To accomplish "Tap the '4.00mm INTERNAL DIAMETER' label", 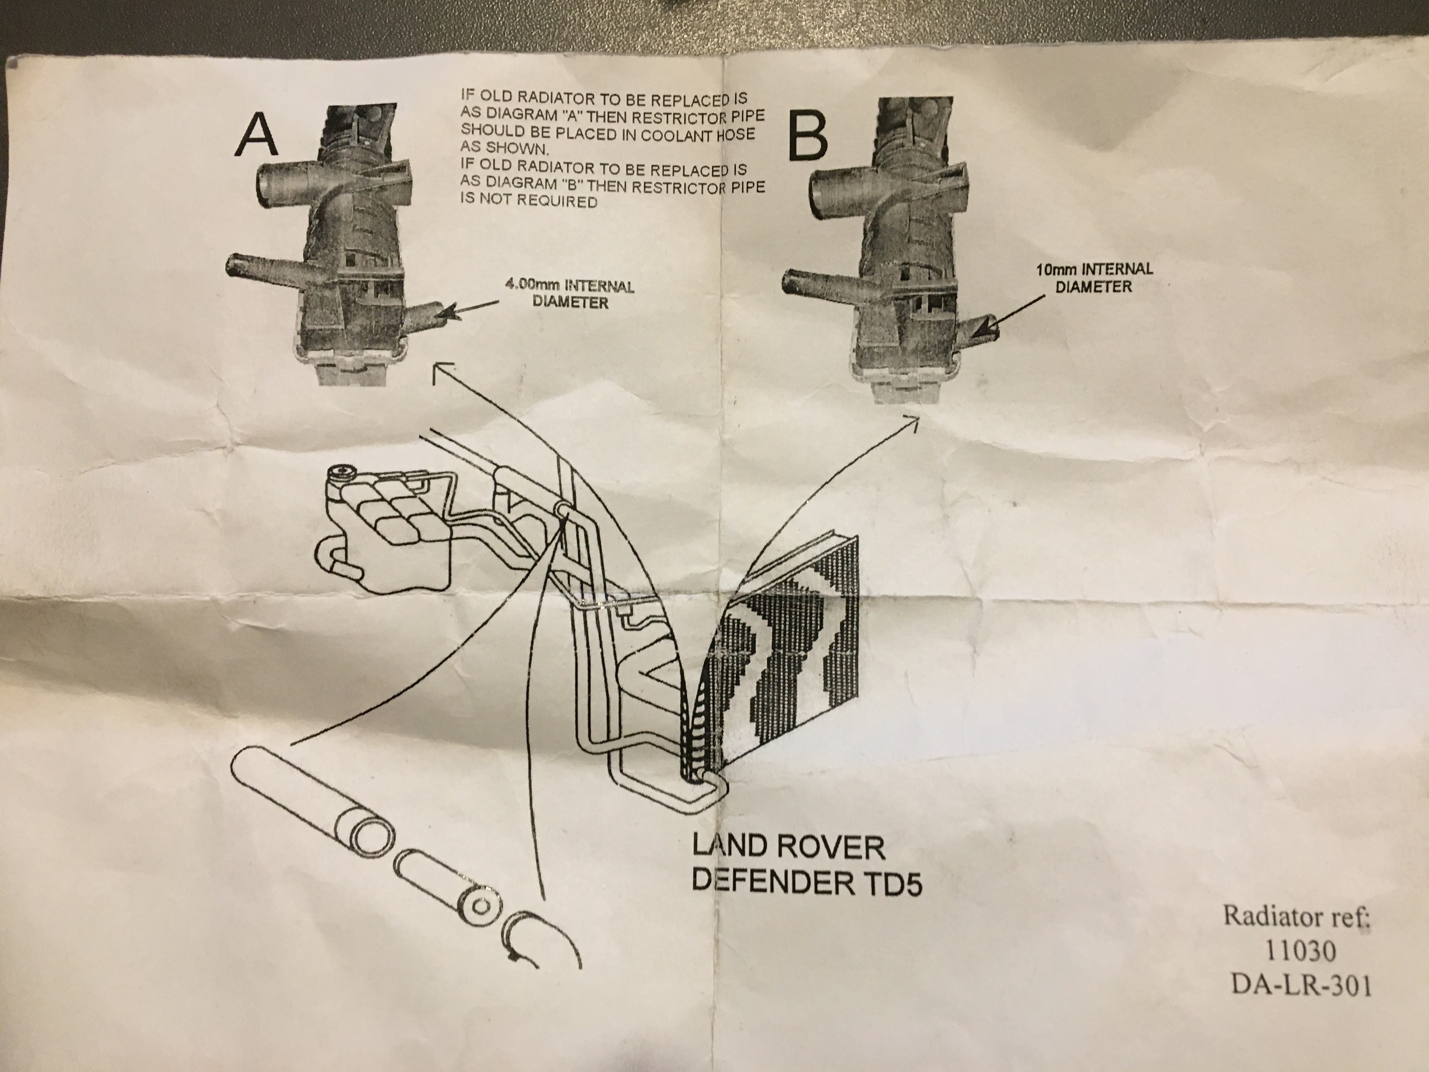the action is coord(568,294).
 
